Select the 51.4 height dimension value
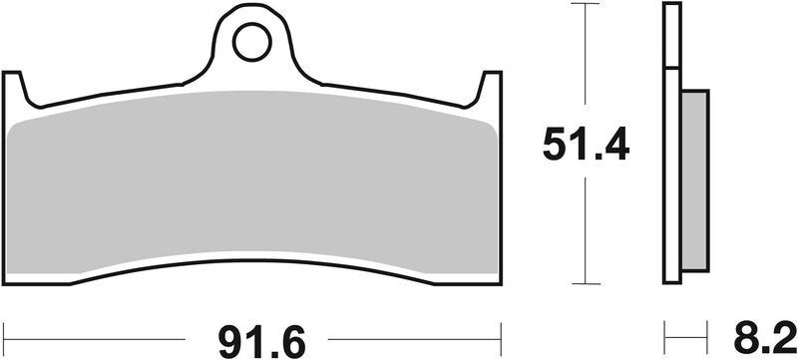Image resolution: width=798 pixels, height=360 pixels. pos(587,146)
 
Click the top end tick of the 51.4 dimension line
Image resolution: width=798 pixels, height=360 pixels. pos(586,5)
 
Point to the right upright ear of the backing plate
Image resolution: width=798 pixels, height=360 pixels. pos(490,90)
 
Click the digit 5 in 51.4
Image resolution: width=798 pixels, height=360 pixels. pos(555,146)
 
